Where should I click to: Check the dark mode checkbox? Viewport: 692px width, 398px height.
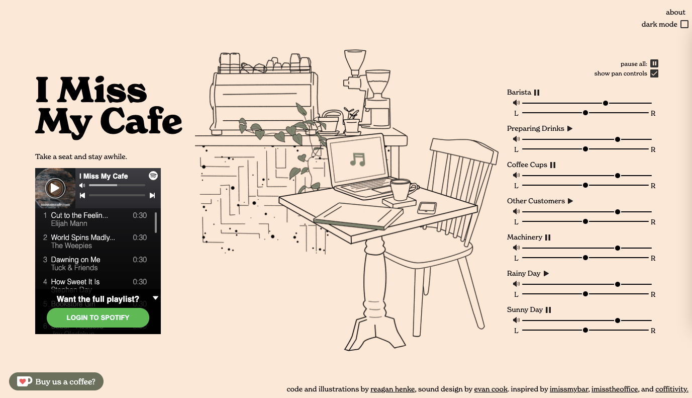tap(684, 24)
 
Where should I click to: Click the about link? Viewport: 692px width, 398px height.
tap(675, 12)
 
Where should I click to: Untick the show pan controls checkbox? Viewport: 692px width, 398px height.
tap(654, 73)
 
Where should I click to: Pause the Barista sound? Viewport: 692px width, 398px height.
tap(537, 93)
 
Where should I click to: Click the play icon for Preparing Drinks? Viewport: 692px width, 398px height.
tap(570, 129)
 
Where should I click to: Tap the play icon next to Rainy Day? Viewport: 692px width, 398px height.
tap(546, 274)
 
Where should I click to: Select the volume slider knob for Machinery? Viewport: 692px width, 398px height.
tap(618, 248)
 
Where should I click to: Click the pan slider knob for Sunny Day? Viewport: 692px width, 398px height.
tap(585, 331)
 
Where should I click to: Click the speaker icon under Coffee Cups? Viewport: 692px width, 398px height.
tap(516, 175)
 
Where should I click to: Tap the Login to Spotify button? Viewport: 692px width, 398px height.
tap(98, 317)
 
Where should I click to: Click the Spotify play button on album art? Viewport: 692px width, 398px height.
tap(55, 188)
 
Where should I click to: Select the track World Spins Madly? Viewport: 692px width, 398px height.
tap(83, 237)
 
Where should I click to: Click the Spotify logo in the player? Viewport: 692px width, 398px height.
tap(153, 176)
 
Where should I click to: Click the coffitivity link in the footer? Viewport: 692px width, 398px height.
tap(671, 389)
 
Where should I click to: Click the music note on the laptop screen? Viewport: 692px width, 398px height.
tap(357, 160)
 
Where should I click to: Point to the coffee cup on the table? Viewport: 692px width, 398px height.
tap(402, 189)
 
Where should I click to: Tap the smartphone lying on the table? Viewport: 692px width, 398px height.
tap(426, 207)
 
